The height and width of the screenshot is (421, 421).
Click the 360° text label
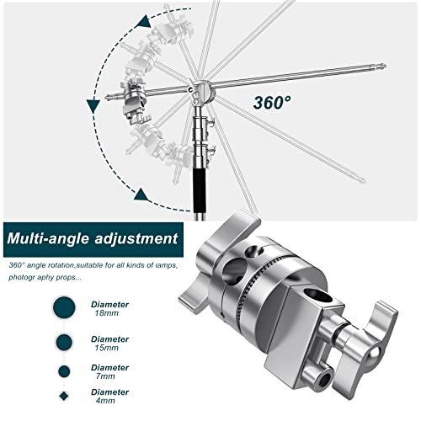pyautogui.click(x=272, y=102)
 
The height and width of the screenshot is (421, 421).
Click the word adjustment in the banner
pyautogui.click(x=136, y=238)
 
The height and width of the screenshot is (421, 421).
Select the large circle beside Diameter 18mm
pyautogui.click(x=64, y=307)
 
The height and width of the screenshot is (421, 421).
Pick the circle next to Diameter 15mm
pyautogui.click(x=64, y=342)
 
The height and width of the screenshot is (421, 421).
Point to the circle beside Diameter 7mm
pyautogui.click(x=64, y=371)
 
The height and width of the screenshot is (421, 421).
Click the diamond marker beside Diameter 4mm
pyautogui.click(x=64, y=396)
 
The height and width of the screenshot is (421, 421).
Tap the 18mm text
pyautogui.click(x=107, y=313)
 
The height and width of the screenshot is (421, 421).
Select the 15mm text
pyautogui.click(x=107, y=348)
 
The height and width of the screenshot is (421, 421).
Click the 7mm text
pyautogui.click(x=105, y=376)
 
